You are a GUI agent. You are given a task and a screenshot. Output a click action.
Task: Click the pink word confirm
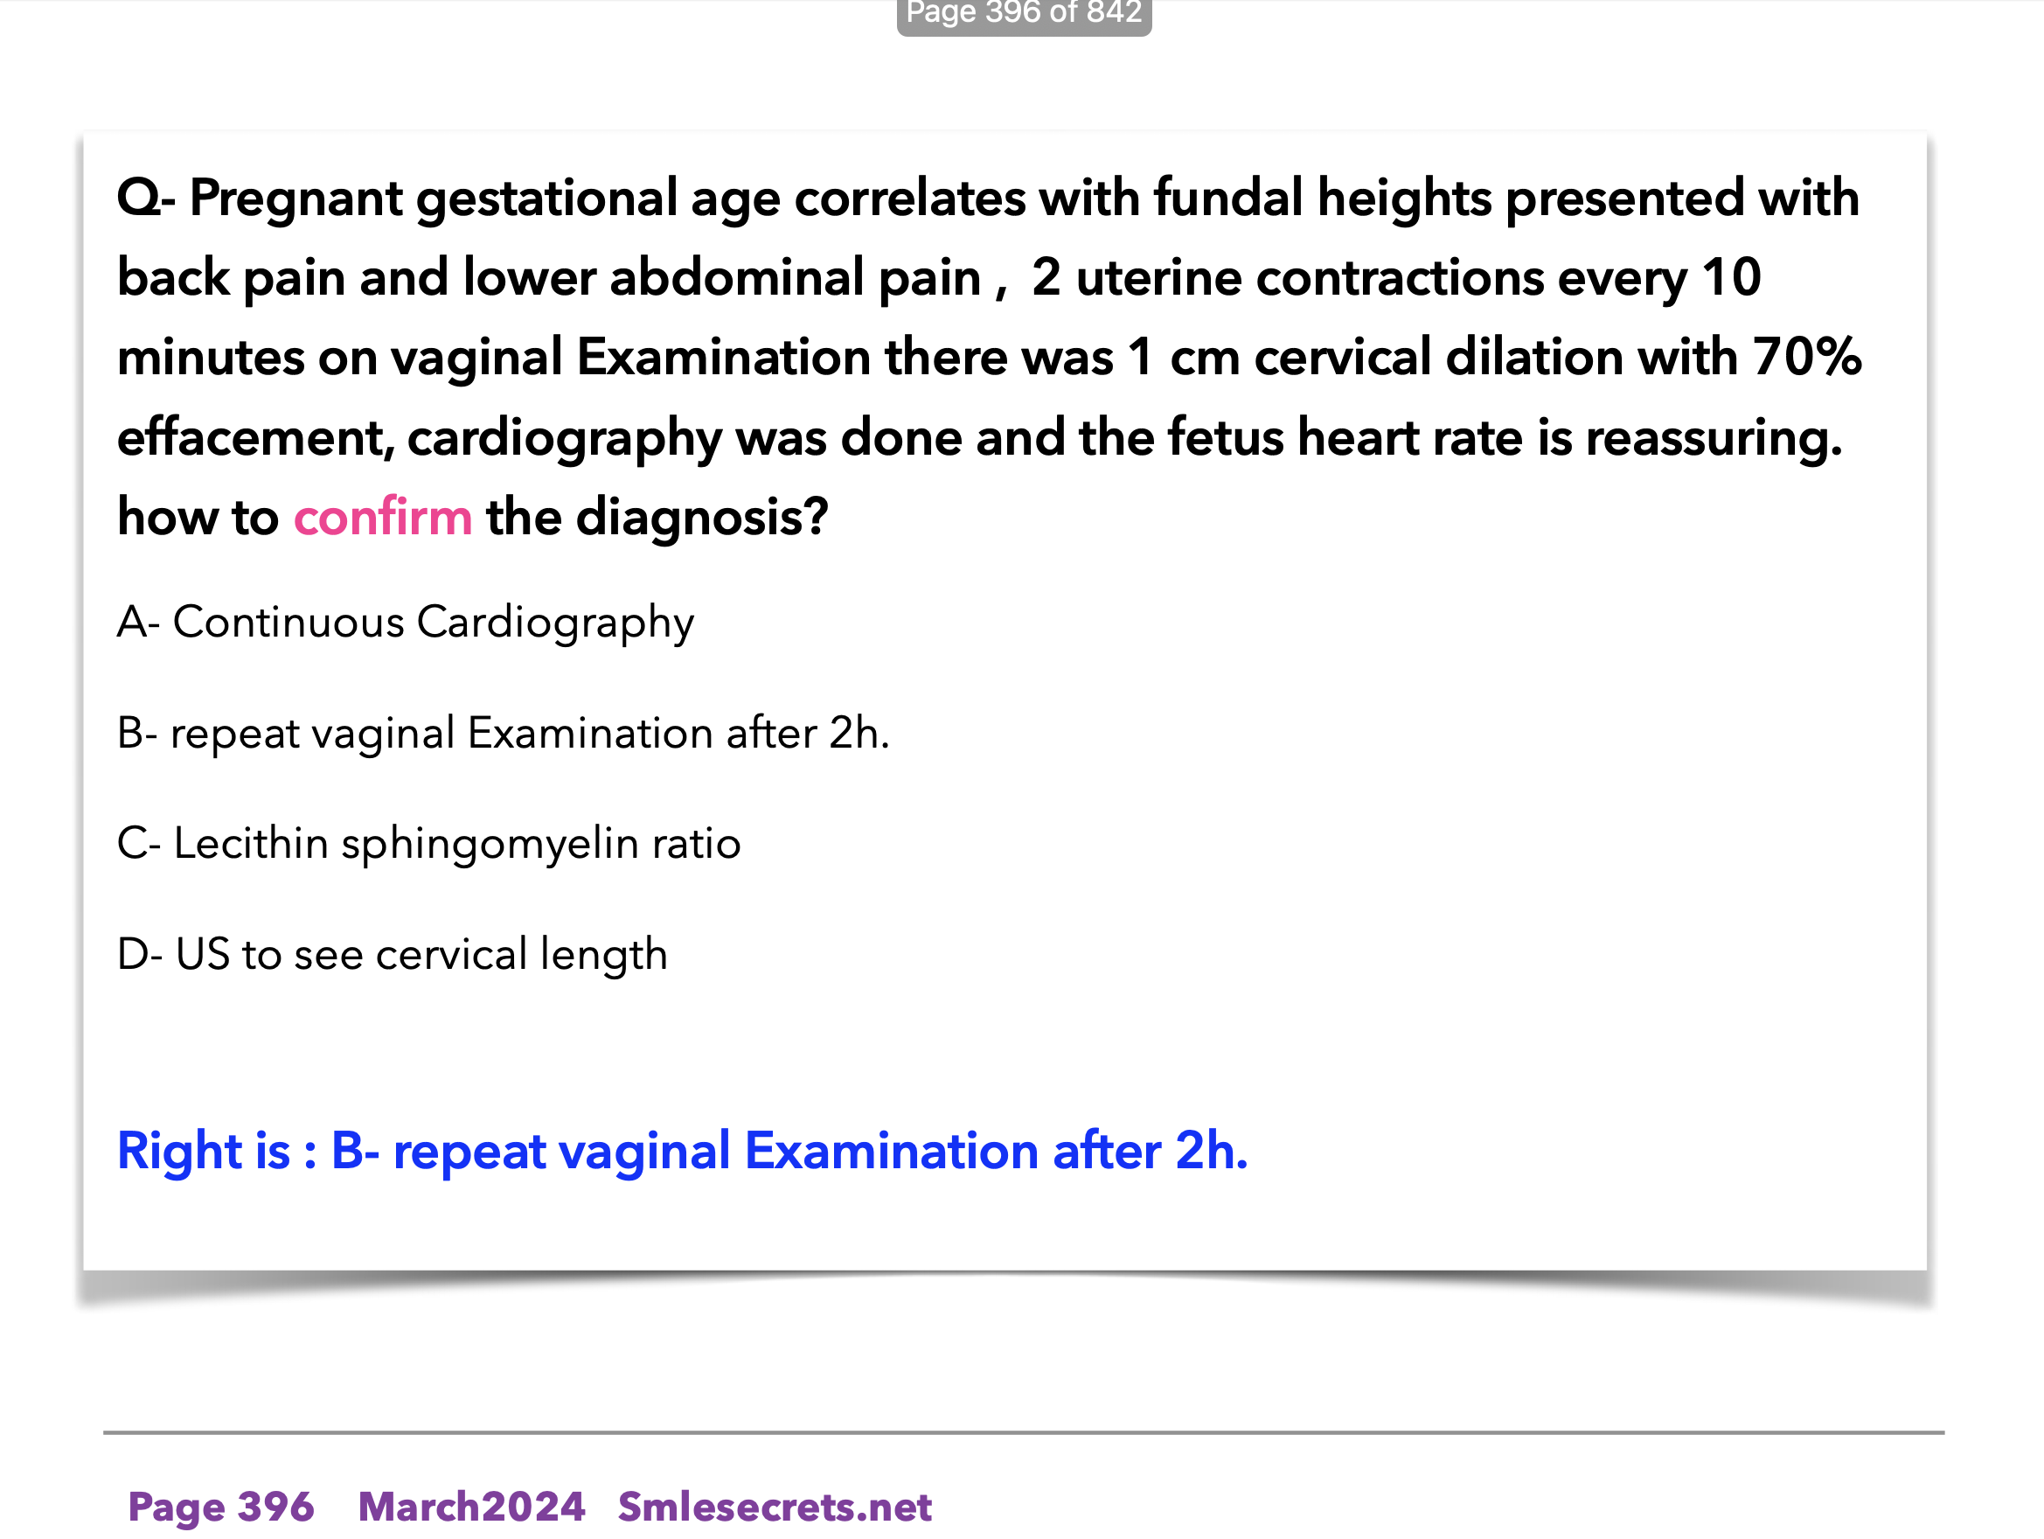pos(383,517)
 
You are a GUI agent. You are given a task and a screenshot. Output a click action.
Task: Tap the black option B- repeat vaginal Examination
pos(503,734)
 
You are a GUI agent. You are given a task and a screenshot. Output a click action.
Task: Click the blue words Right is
pos(205,1151)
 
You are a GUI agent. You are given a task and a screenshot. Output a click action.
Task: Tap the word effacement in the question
pos(256,437)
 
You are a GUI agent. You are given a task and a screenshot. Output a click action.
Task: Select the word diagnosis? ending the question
pos(702,518)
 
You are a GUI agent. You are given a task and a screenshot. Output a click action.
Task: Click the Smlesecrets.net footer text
pos(775,1507)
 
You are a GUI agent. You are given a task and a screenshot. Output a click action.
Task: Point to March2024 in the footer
pos(471,1507)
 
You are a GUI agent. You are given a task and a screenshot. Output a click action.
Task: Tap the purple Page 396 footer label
pos(221,1507)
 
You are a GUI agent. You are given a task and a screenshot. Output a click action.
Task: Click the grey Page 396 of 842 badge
pos(1024,15)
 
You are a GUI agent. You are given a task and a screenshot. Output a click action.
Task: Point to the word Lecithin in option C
pos(250,843)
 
